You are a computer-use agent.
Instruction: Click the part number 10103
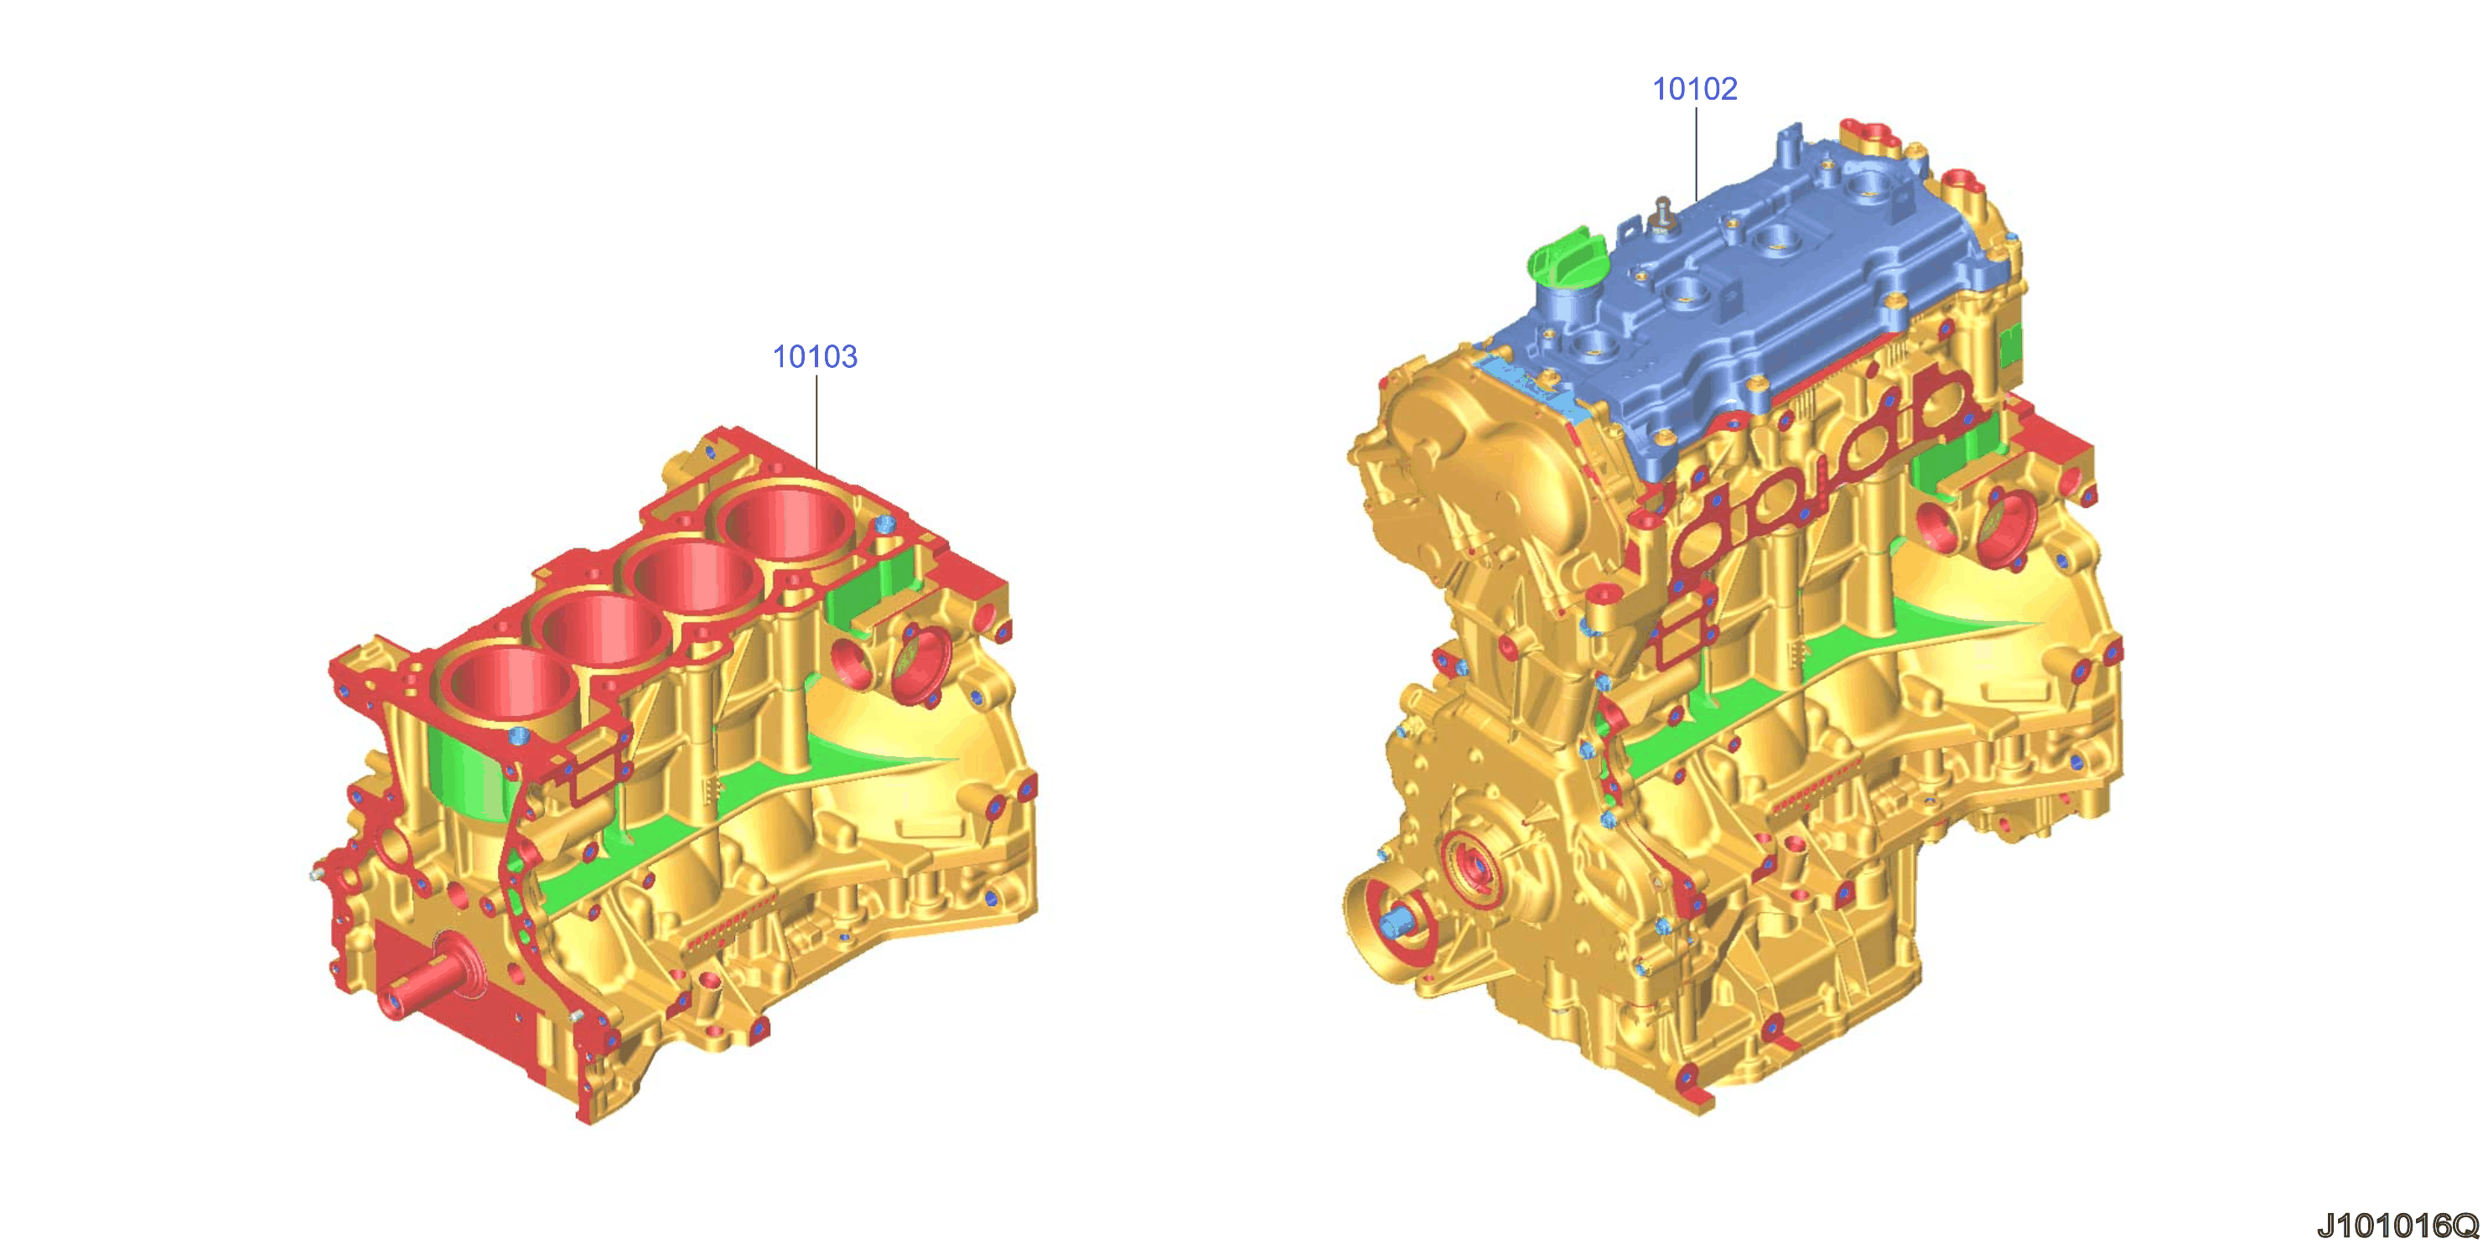(x=814, y=356)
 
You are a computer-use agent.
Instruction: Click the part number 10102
(x=1694, y=89)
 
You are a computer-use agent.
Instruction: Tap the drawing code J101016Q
(x=2397, y=1225)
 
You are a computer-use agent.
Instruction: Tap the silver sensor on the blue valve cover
(x=1663, y=215)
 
